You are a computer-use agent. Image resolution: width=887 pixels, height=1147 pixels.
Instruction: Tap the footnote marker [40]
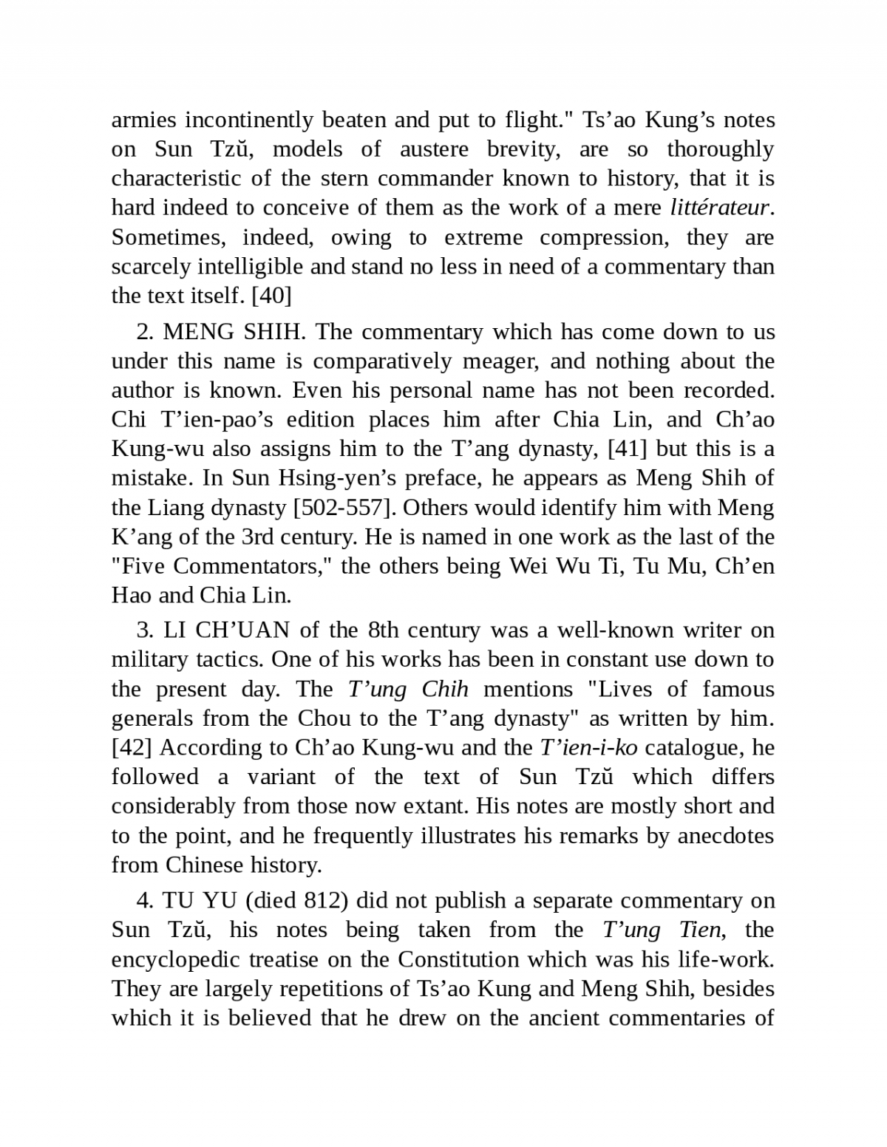pyautogui.click(x=271, y=296)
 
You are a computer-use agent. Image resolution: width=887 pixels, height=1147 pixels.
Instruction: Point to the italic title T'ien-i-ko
pyautogui.click(x=588, y=747)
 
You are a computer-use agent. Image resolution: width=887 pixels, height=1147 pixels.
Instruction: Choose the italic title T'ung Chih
pyautogui.click(x=408, y=689)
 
